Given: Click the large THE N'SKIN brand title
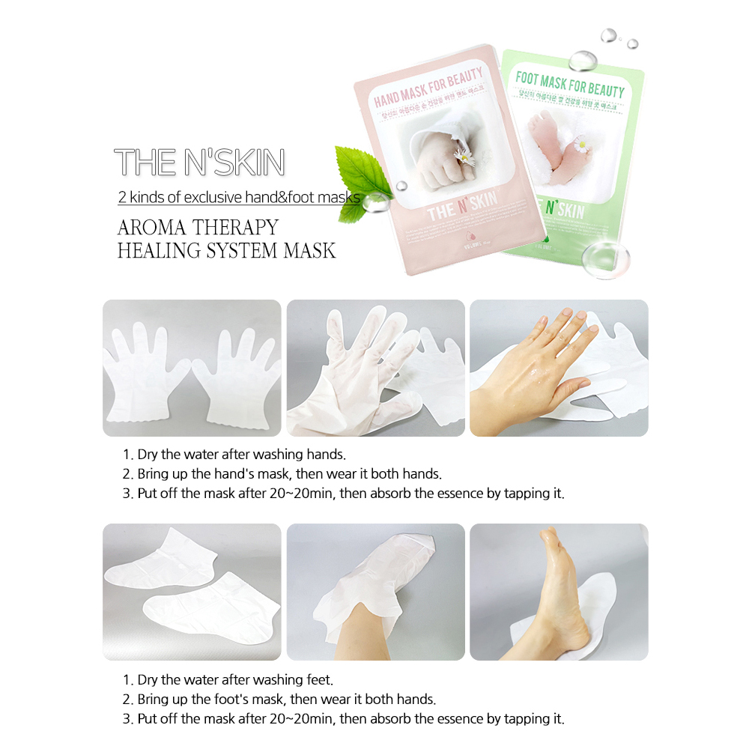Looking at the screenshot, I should [x=199, y=163].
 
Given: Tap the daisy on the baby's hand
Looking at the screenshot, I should [x=464, y=158].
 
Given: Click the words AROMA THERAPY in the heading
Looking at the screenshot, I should [x=198, y=227].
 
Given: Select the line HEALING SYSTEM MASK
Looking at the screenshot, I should [x=226, y=250].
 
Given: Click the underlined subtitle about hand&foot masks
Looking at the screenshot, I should [x=239, y=198].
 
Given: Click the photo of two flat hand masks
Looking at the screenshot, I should [x=192, y=368].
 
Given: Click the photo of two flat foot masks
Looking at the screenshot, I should [x=192, y=592].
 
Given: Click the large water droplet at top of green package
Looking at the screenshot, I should [x=581, y=59].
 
